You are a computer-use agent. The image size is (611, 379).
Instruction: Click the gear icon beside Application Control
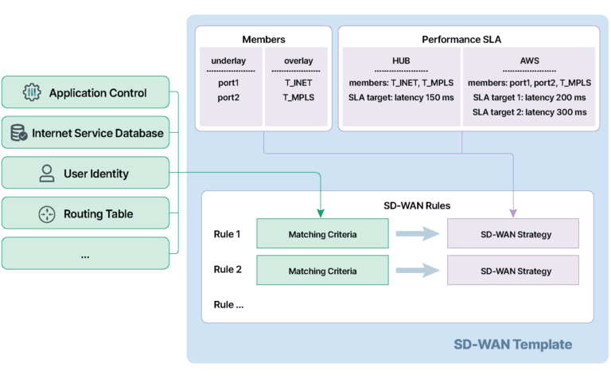coord(32,93)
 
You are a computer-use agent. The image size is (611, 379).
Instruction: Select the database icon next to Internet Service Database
coord(18,134)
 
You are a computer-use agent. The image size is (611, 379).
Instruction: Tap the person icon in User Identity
coord(47,174)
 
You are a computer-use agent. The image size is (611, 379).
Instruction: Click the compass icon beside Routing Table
coord(47,214)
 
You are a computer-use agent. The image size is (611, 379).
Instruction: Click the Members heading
coord(263,39)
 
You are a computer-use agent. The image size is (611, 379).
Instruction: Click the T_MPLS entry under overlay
coord(298,97)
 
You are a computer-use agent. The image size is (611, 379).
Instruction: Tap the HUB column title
coord(401,61)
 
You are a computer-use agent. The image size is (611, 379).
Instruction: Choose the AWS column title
coord(528,61)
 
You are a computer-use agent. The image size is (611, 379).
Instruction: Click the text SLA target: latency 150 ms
coord(401,97)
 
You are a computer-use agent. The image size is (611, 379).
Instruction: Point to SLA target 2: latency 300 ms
coord(528,112)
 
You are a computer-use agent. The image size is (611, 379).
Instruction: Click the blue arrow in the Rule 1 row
coord(418,233)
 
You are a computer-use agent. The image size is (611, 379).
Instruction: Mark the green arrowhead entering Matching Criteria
coord(320,213)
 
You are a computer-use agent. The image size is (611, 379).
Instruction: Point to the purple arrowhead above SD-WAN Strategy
coord(513,213)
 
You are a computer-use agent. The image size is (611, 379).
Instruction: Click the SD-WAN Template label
coord(512,345)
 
